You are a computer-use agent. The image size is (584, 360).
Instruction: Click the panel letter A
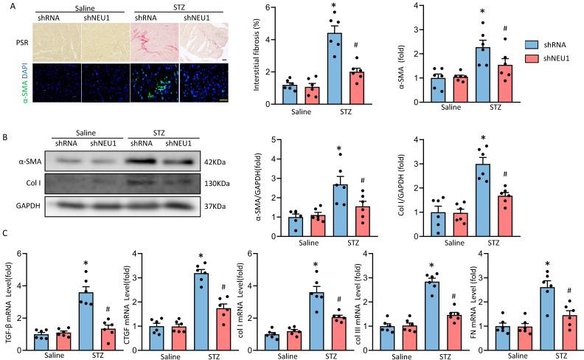point(6,7)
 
